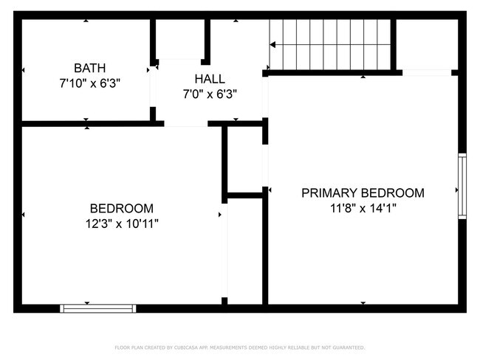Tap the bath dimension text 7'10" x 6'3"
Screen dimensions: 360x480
point(89,83)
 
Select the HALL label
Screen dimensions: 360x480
point(209,79)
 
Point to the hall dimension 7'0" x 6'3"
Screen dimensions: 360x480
point(209,94)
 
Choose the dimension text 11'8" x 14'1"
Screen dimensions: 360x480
point(363,208)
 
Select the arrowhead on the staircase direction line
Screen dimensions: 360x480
point(272,45)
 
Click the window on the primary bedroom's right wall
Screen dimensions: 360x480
point(462,185)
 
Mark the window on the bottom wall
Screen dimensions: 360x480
point(98,308)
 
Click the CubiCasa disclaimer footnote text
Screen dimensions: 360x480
point(239,347)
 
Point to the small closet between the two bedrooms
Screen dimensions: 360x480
point(244,160)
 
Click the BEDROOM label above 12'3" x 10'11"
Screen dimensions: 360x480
point(121,208)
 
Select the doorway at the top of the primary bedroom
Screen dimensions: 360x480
point(426,72)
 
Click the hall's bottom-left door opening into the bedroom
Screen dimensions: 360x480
point(185,123)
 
